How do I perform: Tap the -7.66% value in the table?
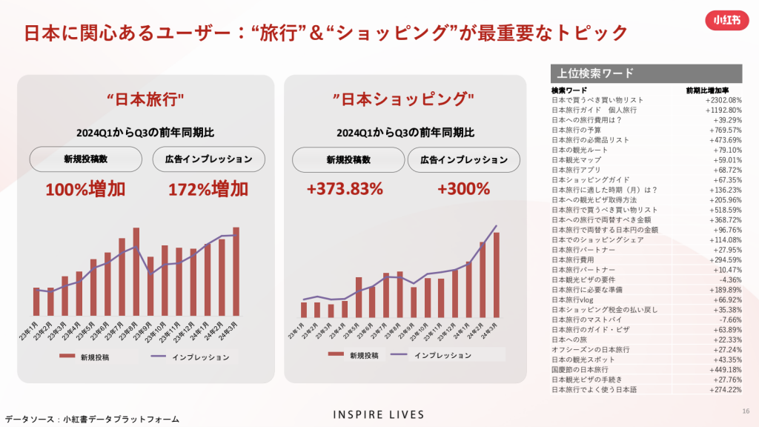pyautogui.click(x=727, y=320)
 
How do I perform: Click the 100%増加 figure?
pyautogui.click(x=85, y=189)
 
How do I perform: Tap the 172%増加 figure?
pyautogui.click(x=208, y=189)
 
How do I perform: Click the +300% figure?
pyautogui.click(x=464, y=189)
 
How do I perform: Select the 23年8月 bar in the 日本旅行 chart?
pyautogui.click(x=136, y=271)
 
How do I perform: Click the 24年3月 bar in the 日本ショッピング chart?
pyautogui.click(x=497, y=275)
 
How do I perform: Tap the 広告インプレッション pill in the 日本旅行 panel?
pyautogui.click(x=208, y=159)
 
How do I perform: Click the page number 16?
pyautogui.click(x=745, y=412)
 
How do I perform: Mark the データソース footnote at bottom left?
pyautogui.click(x=91, y=419)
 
